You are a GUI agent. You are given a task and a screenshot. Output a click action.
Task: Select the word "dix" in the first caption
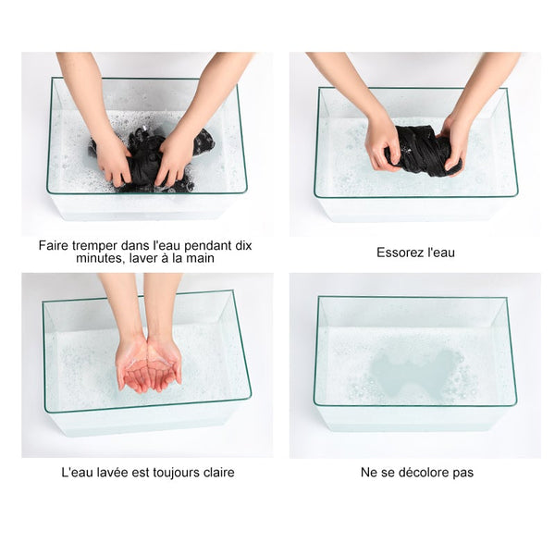point(243,245)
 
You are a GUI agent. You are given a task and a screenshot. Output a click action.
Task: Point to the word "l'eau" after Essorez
point(441,253)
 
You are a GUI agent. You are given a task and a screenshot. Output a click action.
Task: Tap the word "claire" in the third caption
point(218,473)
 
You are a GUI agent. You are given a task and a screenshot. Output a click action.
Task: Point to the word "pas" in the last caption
point(463,474)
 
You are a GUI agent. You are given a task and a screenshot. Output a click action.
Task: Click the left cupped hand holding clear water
point(132,364)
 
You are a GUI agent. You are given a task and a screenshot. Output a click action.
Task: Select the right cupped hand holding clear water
point(164,364)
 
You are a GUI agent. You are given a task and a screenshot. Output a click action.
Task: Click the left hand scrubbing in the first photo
point(112,158)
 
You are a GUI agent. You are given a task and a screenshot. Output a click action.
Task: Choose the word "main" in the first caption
point(200,258)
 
